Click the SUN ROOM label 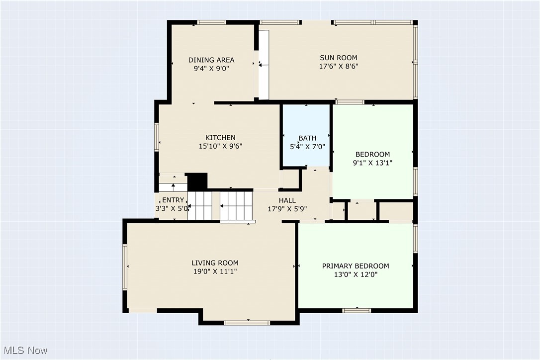(x=339, y=58)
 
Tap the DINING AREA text (x=211, y=60)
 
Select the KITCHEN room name (x=220, y=137)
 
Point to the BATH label (x=307, y=138)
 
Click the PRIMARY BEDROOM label (x=356, y=266)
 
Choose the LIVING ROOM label (x=215, y=263)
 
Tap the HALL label (x=287, y=200)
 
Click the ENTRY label (x=173, y=200)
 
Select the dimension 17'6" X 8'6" (x=339, y=66)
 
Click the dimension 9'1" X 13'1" (x=372, y=163)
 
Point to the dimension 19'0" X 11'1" (x=215, y=271)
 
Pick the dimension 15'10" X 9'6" (x=220, y=146)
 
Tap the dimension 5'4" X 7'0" (x=307, y=147)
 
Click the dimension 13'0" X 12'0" (x=356, y=274)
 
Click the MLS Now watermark (x=25, y=351)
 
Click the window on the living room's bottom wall (x=247, y=323)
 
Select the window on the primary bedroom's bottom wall (x=357, y=311)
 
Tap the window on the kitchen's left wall (x=157, y=137)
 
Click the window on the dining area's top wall (x=212, y=22)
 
